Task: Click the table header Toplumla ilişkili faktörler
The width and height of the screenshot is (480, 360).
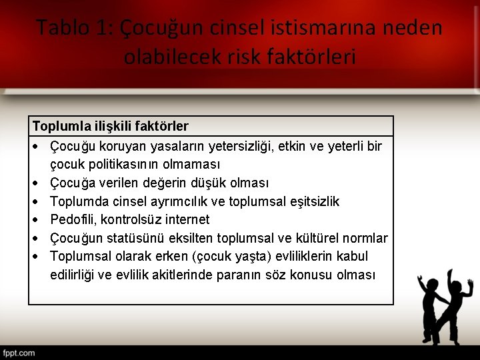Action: coord(111,126)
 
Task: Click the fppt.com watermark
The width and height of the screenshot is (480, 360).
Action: coord(19,353)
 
